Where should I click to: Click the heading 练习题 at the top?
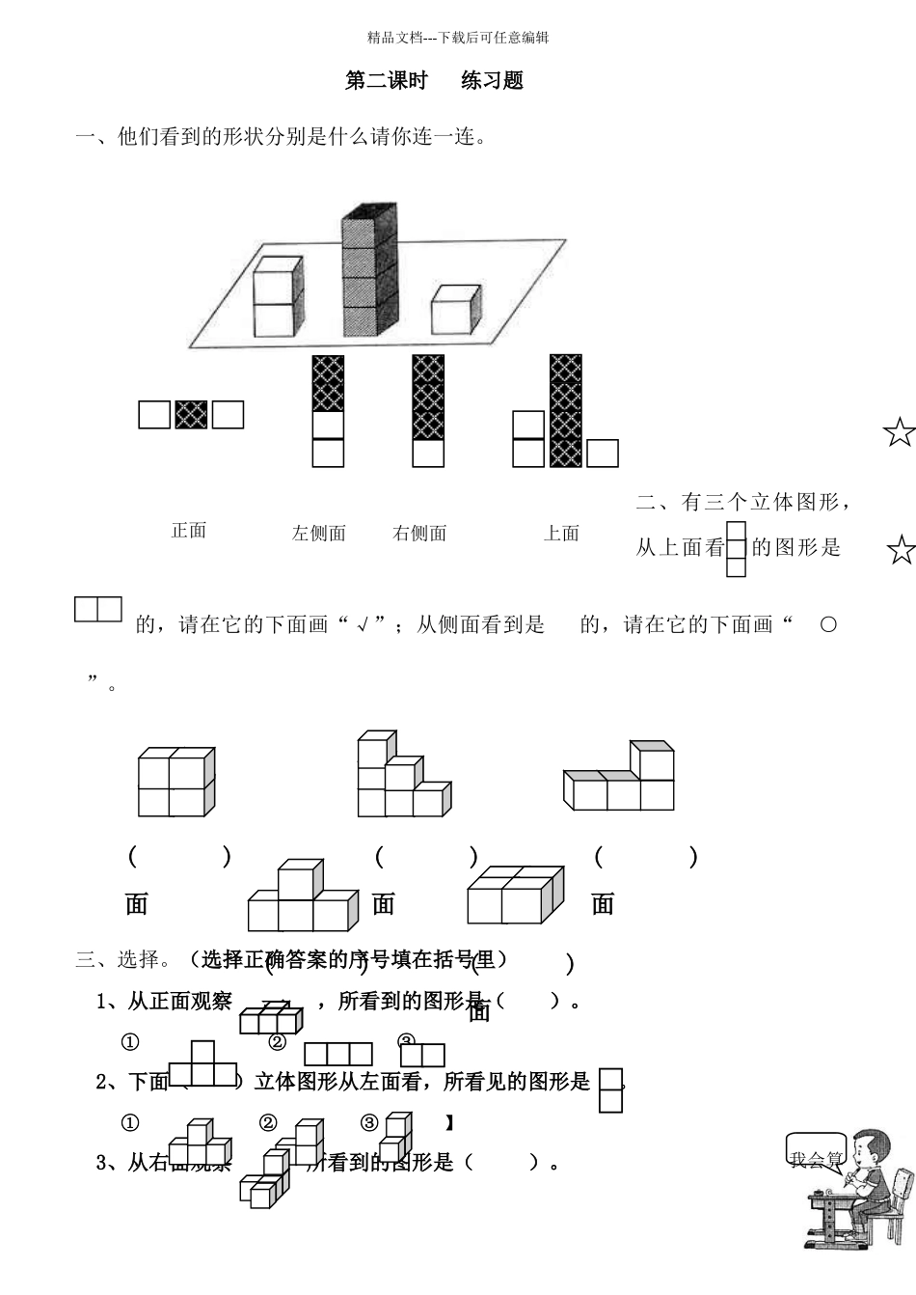[492, 81]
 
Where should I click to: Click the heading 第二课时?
[386, 81]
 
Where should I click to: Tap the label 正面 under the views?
[189, 530]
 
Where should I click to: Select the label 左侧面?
[319, 533]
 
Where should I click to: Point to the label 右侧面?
[420, 533]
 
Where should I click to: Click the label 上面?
[562, 533]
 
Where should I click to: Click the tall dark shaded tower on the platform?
[369, 270]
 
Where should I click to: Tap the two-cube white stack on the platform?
[278, 297]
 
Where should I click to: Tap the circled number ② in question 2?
[268, 1122]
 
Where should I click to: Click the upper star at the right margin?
[899, 433]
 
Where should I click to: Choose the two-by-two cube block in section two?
[175, 782]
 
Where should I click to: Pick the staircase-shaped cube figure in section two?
[400, 777]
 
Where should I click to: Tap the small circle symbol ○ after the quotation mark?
[827, 624]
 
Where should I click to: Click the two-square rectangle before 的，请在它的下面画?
[98, 610]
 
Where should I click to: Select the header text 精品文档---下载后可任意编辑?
[458, 38]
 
